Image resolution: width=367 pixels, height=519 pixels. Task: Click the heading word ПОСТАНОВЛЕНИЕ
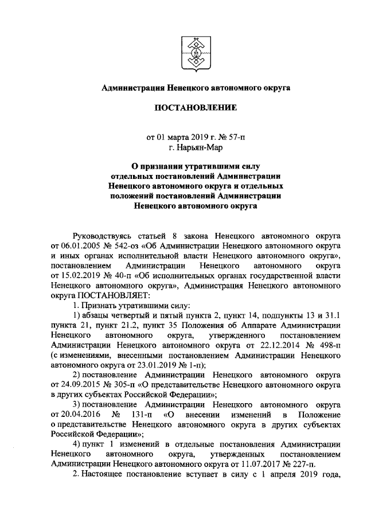coord(183,108)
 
